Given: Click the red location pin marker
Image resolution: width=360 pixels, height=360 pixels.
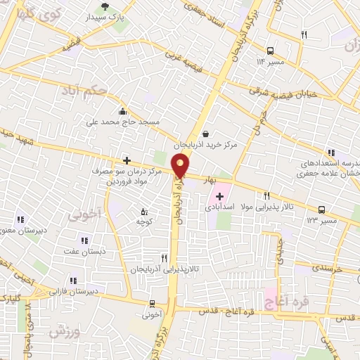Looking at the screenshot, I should tap(181, 166).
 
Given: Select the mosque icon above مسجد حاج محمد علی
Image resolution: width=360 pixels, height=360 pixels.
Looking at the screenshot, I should tap(123, 110).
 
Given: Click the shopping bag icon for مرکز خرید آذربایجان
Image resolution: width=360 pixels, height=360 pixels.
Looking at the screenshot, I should tap(205, 133).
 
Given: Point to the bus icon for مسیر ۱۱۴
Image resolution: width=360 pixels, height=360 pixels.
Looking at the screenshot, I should tap(271, 50).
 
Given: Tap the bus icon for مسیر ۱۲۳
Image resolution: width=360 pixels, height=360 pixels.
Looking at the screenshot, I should tap(321, 209).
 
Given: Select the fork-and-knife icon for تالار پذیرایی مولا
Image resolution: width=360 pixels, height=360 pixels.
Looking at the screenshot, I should tap(266, 195).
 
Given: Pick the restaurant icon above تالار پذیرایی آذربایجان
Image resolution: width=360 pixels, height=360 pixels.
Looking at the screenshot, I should tap(164, 258).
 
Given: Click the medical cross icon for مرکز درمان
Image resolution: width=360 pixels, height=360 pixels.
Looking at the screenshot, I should tap(127, 160).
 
